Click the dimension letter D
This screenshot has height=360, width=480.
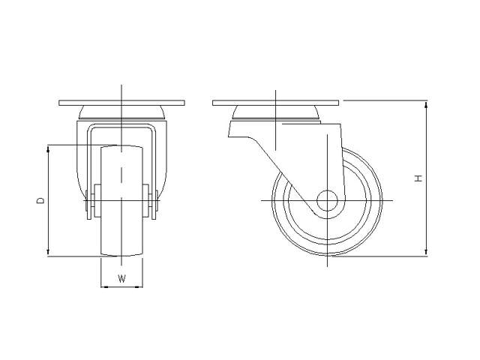40,200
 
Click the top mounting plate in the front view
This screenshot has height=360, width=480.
121,102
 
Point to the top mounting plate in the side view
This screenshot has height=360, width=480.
276,102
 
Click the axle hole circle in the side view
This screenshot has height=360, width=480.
327,201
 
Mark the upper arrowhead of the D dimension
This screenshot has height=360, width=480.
49,148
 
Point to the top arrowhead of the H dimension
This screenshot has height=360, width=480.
426,103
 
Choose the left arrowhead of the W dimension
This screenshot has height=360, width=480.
103,286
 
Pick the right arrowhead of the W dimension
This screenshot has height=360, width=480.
139,286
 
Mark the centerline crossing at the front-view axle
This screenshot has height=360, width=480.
121,201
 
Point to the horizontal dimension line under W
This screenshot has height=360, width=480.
121,286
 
